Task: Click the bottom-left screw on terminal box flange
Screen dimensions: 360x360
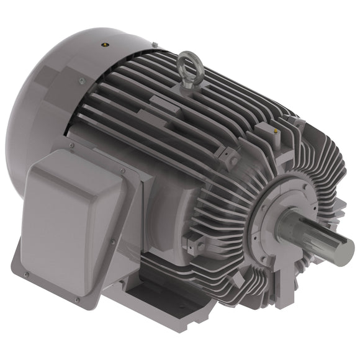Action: click(26, 273)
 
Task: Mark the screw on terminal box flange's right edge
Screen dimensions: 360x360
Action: click(112, 242)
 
